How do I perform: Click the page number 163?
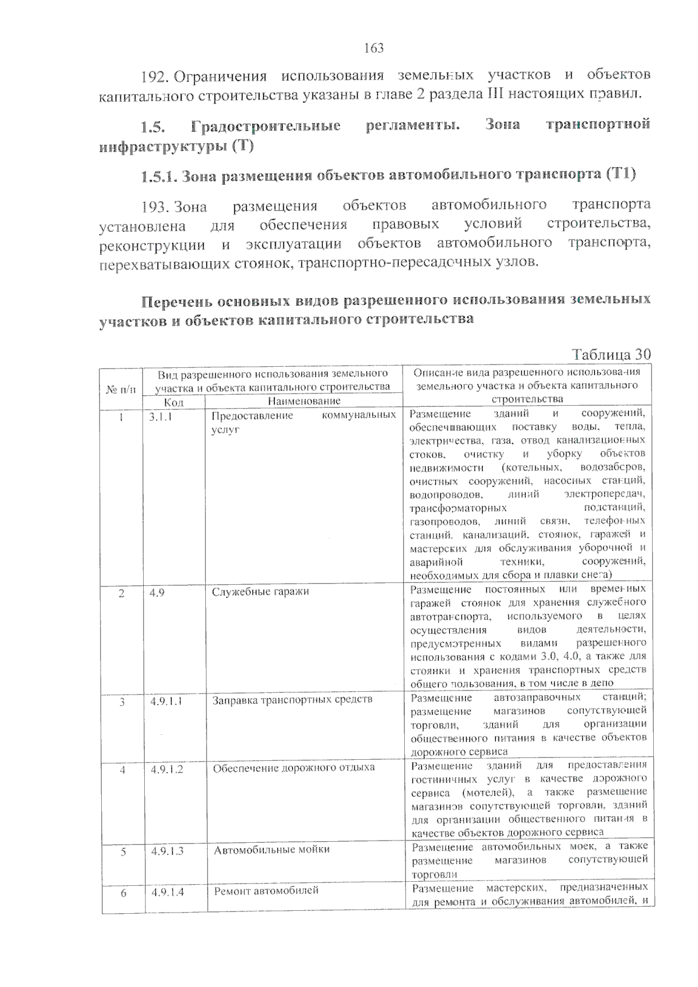pyautogui.click(x=374, y=48)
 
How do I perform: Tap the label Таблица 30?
pyautogui.click(x=611, y=355)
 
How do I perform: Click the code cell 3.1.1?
pyautogui.click(x=161, y=416)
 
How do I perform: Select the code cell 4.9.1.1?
pyautogui.click(x=166, y=702)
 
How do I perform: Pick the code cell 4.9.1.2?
pyautogui.click(x=167, y=769)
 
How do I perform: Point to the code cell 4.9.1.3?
pyautogui.click(x=168, y=851)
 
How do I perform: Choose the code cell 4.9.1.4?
pyautogui.click(x=168, y=892)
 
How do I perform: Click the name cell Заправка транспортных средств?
pyautogui.click(x=292, y=700)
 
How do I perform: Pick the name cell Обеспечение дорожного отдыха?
pyautogui.click(x=294, y=768)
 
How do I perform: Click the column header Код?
pyautogui.click(x=173, y=402)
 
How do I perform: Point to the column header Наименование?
pyautogui.click(x=304, y=401)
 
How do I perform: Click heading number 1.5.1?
pyautogui.click(x=159, y=175)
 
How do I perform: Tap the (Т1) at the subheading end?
pyautogui.click(x=620, y=174)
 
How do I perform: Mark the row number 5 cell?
pyautogui.click(x=123, y=852)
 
